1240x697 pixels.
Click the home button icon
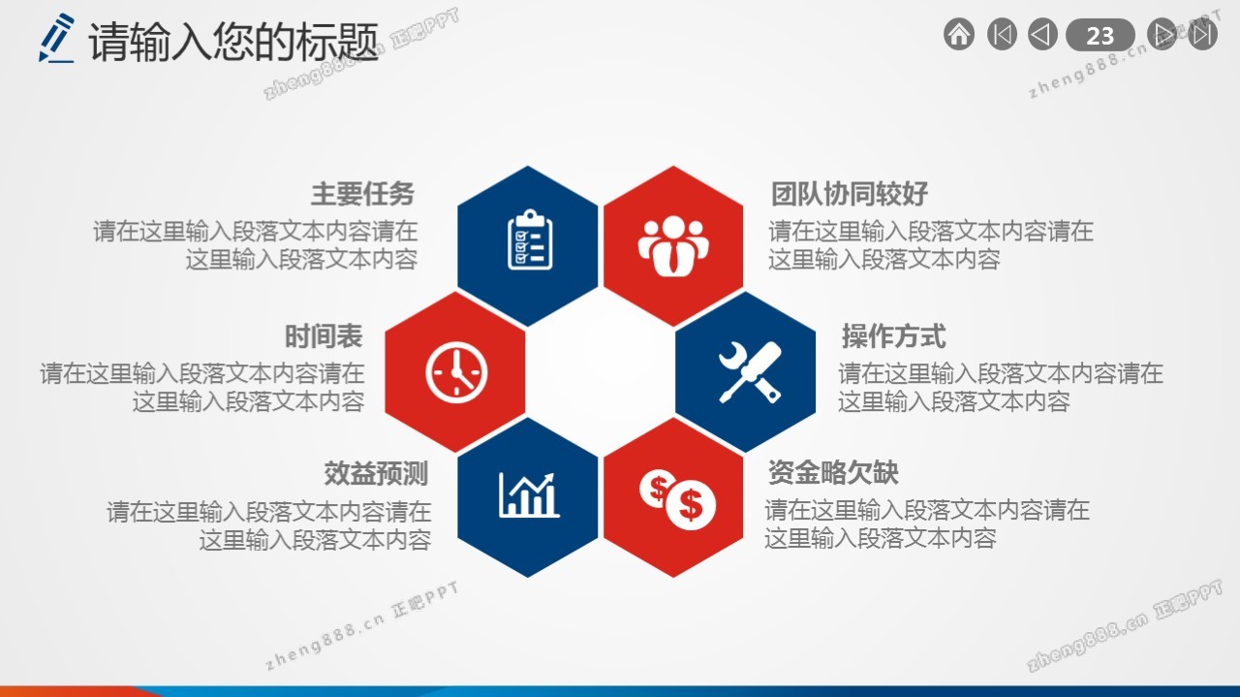959,34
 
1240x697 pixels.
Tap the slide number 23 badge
1100,36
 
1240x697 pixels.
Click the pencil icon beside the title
56,38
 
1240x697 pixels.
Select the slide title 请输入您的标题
233,42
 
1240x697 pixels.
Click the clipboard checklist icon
530,239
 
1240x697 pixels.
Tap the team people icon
673,246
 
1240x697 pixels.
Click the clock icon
456,372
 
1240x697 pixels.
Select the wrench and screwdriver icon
750,372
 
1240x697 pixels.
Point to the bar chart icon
529,495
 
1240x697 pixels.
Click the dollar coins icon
677,500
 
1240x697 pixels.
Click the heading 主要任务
362,194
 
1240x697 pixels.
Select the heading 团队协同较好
850,194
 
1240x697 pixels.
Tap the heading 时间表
324,336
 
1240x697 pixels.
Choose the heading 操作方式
894,336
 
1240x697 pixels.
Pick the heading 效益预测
376,474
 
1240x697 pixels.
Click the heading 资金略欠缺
833,473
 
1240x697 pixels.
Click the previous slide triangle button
1042,34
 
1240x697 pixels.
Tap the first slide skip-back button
1002,34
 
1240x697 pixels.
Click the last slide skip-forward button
1202,34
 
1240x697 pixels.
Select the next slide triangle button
1162,34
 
